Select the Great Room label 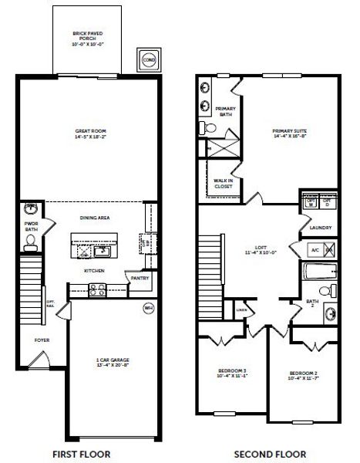(90, 133)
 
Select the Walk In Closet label (224, 183)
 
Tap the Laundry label (320, 228)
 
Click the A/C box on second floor (314, 250)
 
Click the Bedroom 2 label (302, 376)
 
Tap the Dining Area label (95, 218)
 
